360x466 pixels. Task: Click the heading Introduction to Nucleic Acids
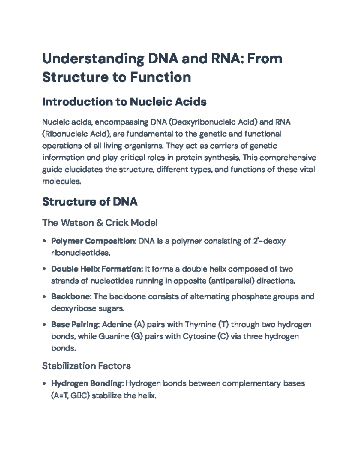point(124,102)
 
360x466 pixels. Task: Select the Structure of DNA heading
point(90,202)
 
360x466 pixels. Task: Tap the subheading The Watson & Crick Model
point(100,223)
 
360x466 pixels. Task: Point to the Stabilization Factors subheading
point(86,366)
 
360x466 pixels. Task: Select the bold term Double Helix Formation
point(96,269)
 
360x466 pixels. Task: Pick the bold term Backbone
point(71,296)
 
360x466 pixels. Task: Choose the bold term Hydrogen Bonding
point(87,383)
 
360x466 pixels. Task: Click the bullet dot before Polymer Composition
point(44,241)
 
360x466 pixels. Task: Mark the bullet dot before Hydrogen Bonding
point(44,383)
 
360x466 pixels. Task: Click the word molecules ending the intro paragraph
point(61,181)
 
